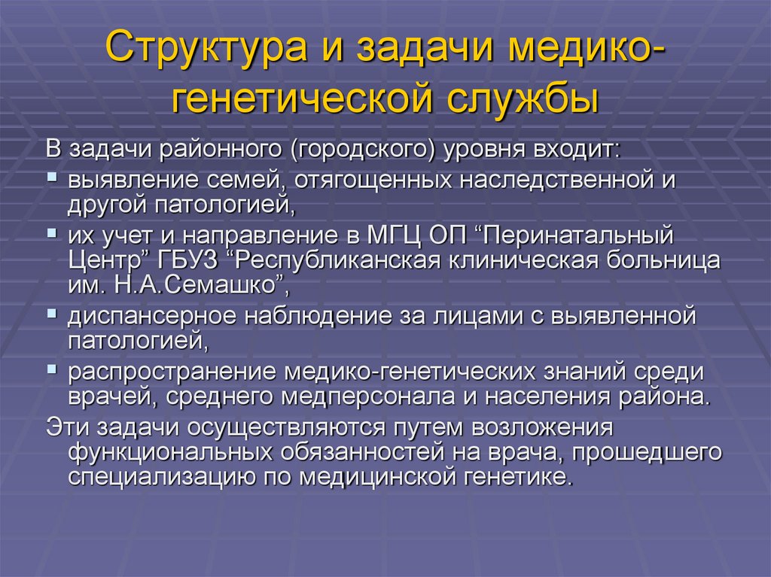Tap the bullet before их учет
[51, 233]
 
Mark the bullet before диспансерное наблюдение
[51, 312]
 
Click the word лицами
[516, 315]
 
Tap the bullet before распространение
[51, 366]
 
